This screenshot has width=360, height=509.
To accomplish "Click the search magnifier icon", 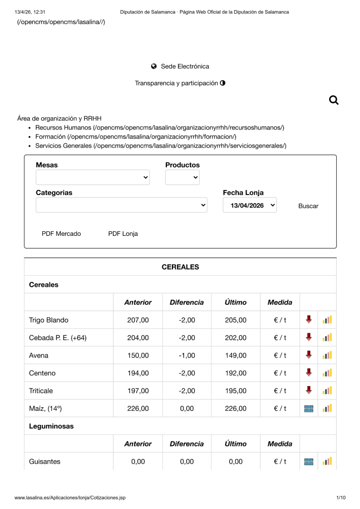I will [x=333, y=100].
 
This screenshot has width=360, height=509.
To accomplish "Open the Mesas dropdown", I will [x=92, y=177].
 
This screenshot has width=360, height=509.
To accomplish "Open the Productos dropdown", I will [x=182, y=177].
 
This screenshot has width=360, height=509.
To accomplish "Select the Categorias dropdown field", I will [x=121, y=205].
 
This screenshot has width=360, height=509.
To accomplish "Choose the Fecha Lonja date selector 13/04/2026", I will [x=250, y=205].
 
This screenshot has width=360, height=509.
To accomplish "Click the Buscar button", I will [x=308, y=206].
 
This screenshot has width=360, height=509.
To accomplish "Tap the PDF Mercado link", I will [x=61, y=234].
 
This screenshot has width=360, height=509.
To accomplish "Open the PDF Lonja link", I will [x=123, y=234].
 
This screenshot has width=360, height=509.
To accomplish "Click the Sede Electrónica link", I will [x=185, y=67].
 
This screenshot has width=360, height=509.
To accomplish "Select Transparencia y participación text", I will [x=176, y=83].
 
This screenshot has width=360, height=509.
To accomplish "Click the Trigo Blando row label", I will [x=48, y=320].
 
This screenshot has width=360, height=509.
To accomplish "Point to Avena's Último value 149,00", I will [x=235, y=355].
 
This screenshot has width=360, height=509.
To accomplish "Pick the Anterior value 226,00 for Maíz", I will [x=138, y=409].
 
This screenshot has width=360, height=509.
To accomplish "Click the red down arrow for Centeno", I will [x=309, y=373].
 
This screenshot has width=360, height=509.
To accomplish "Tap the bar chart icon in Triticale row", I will [x=327, y=391].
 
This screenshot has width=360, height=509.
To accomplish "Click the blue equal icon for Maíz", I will [x=309, y=409].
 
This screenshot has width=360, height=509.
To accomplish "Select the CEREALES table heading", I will [x=180, y=267].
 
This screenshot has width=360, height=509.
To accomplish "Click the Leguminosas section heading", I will [x=51, y=426].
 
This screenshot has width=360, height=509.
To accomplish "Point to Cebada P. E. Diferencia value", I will [x=187, y=338].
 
